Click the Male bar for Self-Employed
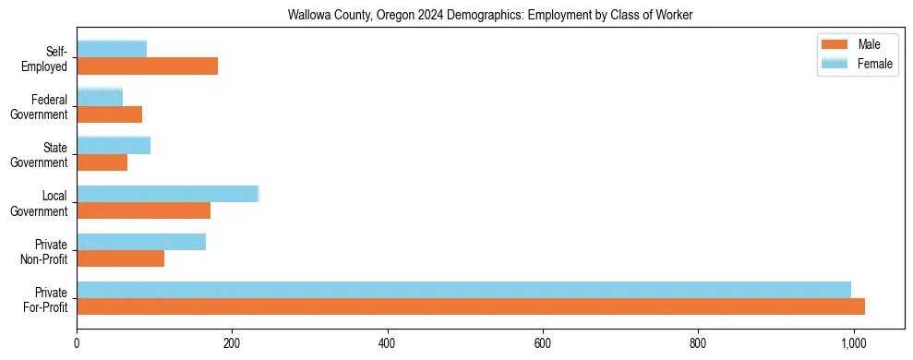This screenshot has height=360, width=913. click(x=147, y=66)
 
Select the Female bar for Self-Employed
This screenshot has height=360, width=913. click(x=112, y=49)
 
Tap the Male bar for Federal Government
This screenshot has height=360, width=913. click(x=109, y=114)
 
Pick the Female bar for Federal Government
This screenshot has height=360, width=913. click(x=100, y=97)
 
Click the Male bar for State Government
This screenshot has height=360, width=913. click(x=102, y=162)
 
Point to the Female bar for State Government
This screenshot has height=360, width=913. click(x=114, y=145)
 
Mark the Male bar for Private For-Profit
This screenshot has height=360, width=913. click(x=471, y=306)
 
